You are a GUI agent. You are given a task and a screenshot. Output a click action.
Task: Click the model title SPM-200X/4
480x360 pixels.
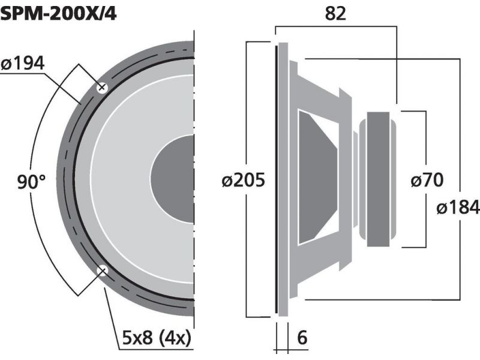(x=58, y=14)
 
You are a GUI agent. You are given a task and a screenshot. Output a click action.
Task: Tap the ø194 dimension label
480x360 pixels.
(x=23, y=64)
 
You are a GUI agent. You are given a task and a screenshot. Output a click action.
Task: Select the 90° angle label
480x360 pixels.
(x=31, y=182)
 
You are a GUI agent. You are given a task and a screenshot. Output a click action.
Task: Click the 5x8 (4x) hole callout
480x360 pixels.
(x=157, y=338)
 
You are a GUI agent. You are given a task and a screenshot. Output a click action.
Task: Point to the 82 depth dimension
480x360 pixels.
(x=335, y=13)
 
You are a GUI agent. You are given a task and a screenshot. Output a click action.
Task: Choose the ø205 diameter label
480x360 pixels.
(x=243, y=180)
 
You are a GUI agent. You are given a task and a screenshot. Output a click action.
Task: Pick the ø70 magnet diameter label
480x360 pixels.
(x=427, y=179)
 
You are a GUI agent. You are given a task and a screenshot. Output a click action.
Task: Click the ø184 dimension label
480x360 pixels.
(x=458, y=207)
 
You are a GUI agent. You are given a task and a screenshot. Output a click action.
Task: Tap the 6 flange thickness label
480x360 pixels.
(x=302, y=337)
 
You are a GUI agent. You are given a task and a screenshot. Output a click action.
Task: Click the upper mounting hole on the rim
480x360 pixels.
(x=102, y=88)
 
